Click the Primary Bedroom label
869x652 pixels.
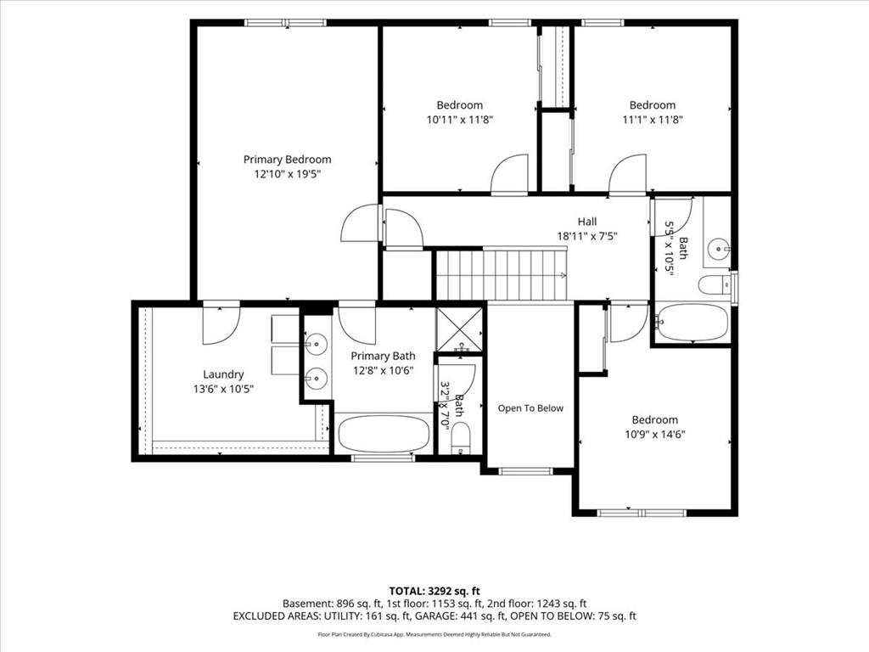tap(287, 160)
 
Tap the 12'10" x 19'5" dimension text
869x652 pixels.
tap(287, 174)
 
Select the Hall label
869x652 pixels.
tap(587, 222)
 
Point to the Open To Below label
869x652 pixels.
tap(530, 408)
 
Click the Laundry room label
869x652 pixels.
tap(223, 374)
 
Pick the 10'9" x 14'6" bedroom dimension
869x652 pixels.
tap(655, 434)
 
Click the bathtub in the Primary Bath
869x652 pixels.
tap(384, 434)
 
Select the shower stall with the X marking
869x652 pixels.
tap(459, 329)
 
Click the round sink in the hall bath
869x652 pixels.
tap(720, 249)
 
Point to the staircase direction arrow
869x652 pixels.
tap(561, 274)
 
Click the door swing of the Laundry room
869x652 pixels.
tap(221, 325)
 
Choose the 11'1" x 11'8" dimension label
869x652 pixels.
tap(653, 119)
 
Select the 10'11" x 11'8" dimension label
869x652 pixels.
tap(460, 119)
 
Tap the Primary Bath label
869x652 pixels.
tap(383, 356)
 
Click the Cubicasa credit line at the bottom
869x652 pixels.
tap(434, 634)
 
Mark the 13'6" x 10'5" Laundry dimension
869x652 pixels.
tap(223, 389)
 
